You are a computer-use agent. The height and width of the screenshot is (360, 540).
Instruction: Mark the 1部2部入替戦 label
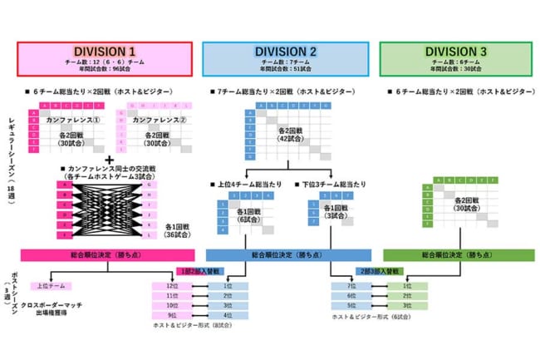tap(197, 271)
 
